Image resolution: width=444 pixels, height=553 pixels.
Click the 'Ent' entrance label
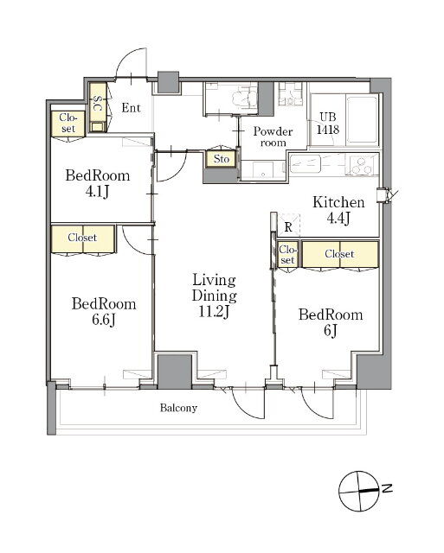tap(131, 108)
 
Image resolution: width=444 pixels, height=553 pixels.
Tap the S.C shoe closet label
tap(98, 103)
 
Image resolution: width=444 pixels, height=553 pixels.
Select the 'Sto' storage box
tap(221, 159)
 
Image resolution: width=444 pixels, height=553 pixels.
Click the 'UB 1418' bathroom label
tap(328, 124)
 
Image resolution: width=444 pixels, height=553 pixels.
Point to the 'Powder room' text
tap(273, 137)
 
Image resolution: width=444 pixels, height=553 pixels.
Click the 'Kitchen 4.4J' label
tap(338, 211)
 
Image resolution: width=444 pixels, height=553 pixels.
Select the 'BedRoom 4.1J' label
tap(98, 183)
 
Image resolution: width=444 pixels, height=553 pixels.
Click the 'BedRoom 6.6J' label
tap(104, 312)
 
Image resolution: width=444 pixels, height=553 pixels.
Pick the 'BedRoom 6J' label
tap(331, 322)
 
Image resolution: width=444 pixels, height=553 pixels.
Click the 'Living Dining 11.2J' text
tap(214, 296)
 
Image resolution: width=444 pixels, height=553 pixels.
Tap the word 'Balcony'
tap(178, 408)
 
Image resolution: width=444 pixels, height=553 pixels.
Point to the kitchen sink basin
tap(306, 163)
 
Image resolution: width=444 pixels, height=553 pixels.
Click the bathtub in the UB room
tap(363, 119)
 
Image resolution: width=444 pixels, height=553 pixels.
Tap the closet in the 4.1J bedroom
tap(68, 124)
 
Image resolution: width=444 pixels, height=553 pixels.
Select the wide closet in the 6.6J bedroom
tap(83, 238)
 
